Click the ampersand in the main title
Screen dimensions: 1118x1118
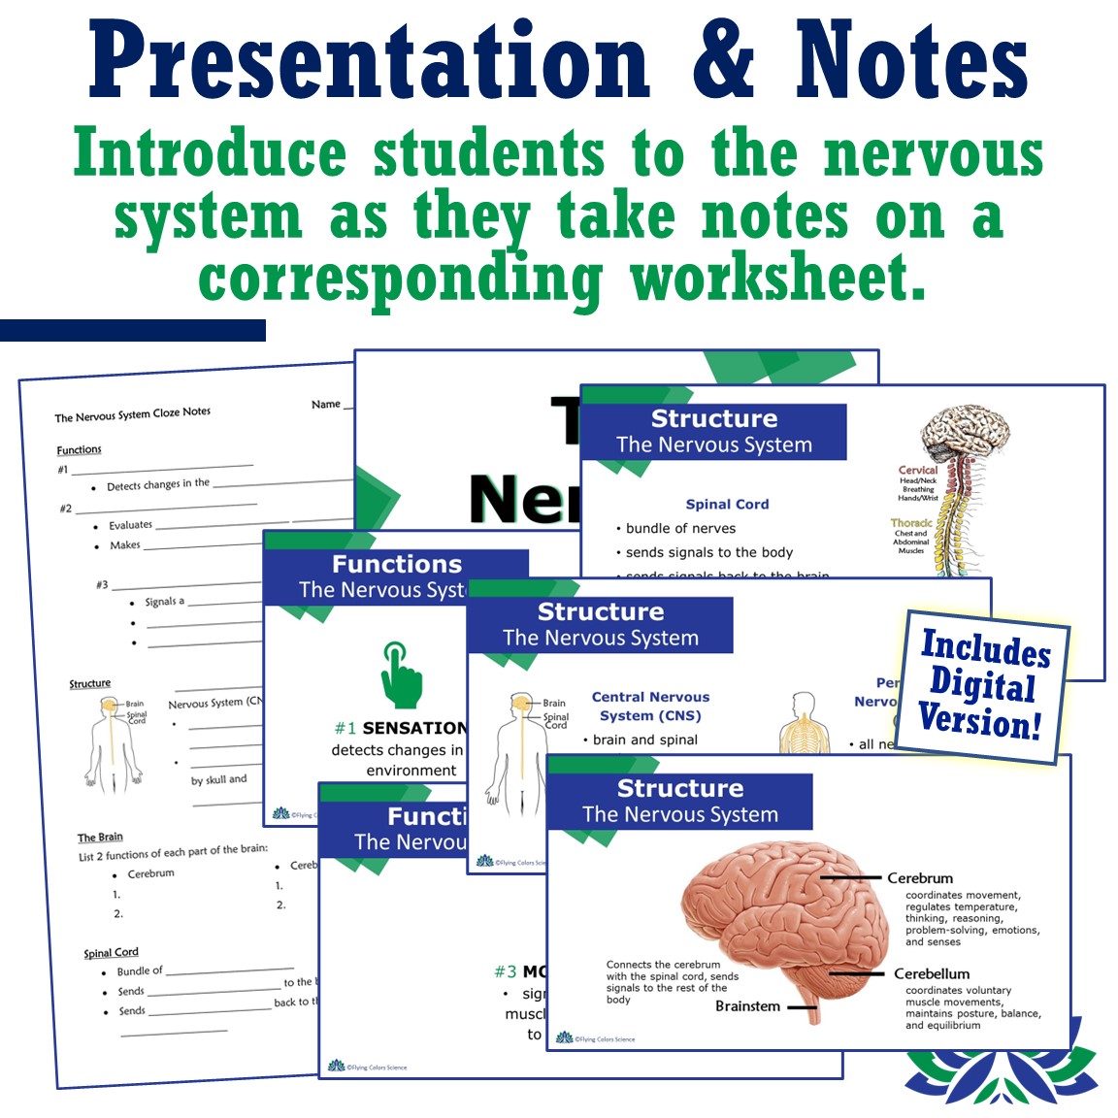coord(723,60)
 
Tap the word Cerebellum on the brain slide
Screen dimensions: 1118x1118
coord(931,973)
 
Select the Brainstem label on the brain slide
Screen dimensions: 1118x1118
coord(747,1006)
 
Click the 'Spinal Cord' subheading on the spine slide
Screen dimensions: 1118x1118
coord(727,504)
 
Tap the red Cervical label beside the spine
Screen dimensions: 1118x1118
coord(917,470)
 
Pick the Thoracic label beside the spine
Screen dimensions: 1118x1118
coord(911,522)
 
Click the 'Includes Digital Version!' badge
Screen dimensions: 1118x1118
coord(982,685)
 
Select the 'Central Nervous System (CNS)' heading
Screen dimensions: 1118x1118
coord(650,706)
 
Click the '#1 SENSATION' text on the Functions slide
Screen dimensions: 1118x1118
coord(401,728)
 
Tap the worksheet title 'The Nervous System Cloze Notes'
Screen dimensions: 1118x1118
coord(132,414)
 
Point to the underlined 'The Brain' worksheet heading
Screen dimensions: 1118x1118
coord(100,837)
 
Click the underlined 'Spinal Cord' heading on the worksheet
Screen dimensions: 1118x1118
coord(111,953)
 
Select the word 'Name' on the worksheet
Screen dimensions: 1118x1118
coord(326,404)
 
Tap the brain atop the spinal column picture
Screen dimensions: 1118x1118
coord(966,431)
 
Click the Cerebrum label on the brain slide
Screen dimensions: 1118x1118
coord(919,878)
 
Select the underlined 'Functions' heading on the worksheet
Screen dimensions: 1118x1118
coord(79,449)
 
